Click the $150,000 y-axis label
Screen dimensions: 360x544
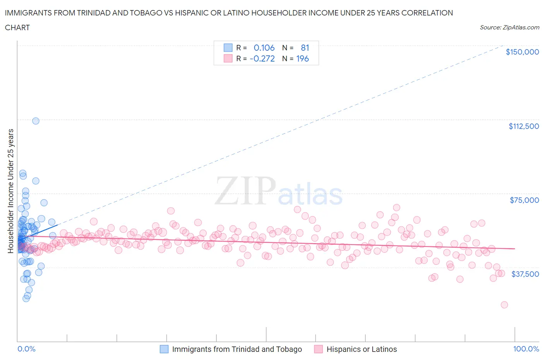(x=522, y=52)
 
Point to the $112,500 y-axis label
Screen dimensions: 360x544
(x=523, y=126)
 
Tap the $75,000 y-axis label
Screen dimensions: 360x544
(x=524, y=200)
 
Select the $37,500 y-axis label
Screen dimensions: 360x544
(x=525, y=274)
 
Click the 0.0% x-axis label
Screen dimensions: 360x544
(x=26, y=349)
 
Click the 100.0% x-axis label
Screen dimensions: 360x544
(x=526, y=349)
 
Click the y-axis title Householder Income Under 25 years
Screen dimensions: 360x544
(x=10, y=191)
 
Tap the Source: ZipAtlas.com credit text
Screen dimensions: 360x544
(x=509, y=27)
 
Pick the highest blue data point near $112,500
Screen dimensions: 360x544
(x=36, y=121)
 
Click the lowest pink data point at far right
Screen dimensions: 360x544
(x=504, y=305)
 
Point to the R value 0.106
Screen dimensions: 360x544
(x=264, y=48)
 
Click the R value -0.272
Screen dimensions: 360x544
(x=262, y=58)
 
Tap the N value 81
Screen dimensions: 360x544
(x=305, y=48)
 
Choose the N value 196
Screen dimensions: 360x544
(x=302, y=58)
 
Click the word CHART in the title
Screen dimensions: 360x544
(x=17, y=27)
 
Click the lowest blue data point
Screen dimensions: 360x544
(x=26, y=298)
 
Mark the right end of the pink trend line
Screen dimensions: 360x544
(x=515, y=249)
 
